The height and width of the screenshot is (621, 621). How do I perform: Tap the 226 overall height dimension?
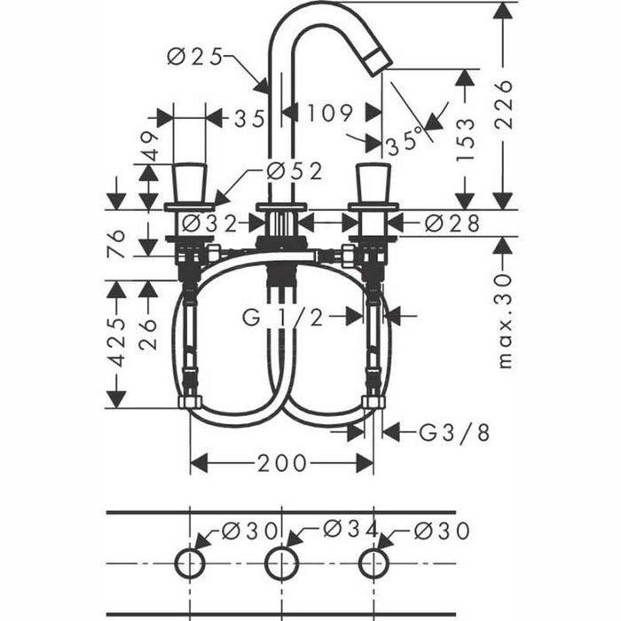click(505, 104)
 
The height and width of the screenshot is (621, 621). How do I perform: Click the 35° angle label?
click(404, 142)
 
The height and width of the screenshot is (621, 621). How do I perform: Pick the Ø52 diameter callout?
click(295, 172)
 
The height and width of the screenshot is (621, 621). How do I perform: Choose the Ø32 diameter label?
click(211, 223)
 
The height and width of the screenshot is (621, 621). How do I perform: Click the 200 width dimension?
click(283, 463)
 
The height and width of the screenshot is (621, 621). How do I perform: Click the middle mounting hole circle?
click(282, 562)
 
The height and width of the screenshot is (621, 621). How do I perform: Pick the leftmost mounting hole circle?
click(190, 562)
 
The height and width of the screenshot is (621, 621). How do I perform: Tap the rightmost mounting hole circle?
click(373, 562)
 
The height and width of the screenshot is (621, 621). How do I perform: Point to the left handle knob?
click(190, 183)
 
